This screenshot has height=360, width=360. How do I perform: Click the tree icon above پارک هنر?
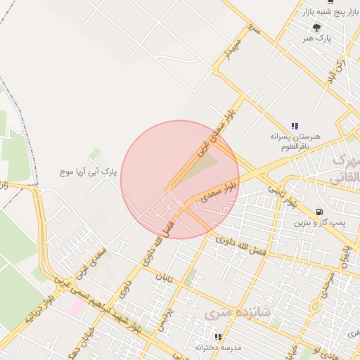click(x=316, y=27)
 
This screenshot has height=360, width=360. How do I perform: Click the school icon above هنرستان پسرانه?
click(x=294, y=125)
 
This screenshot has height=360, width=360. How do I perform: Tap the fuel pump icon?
click(x=320, y=211)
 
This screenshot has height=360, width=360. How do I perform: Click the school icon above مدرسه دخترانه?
click(x=218, y=337)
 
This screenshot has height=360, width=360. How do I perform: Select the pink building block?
click(x=75, y=307)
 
